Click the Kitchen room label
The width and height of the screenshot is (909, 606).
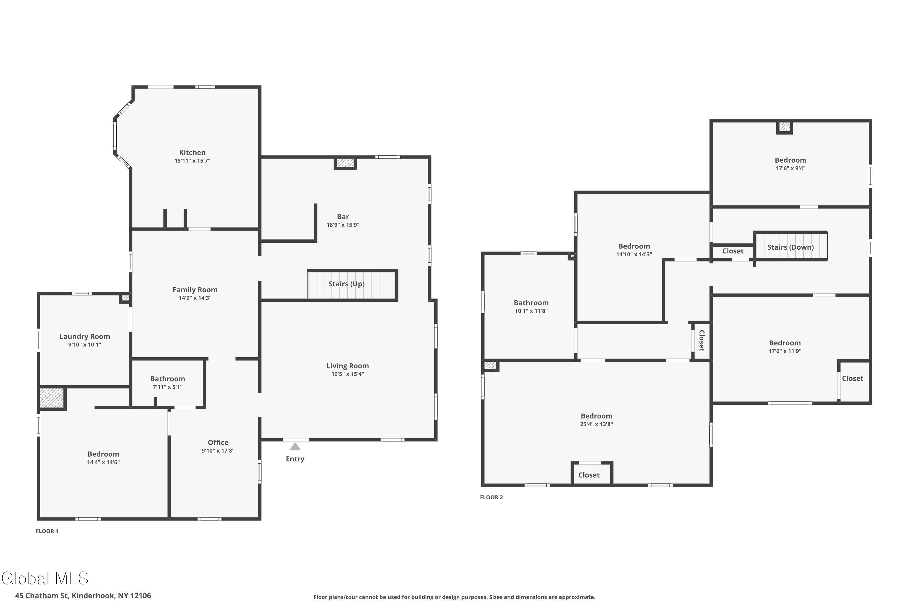coord(192,153)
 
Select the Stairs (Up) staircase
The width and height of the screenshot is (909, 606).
coord(352,285)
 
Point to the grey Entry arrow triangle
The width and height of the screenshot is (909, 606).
coord(295,447)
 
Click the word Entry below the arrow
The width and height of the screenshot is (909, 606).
coord(295,459)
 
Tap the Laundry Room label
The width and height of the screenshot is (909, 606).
coord(85,337)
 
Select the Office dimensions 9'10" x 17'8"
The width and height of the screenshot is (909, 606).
coord(218,451)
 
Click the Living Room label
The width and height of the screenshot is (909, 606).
coord(348,366)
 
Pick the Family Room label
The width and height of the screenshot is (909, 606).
coord(195,290)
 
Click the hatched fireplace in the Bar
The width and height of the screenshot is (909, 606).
coord(345,163)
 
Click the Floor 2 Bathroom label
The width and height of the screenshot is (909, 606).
coord(531,303)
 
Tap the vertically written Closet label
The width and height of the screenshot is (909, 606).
coord(702,341)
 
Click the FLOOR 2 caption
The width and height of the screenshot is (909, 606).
coord(491,498)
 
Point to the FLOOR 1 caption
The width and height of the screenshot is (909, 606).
coord(47,531)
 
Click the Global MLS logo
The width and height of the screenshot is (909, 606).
coord(45,578)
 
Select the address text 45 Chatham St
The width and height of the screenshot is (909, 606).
coord(42,596)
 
